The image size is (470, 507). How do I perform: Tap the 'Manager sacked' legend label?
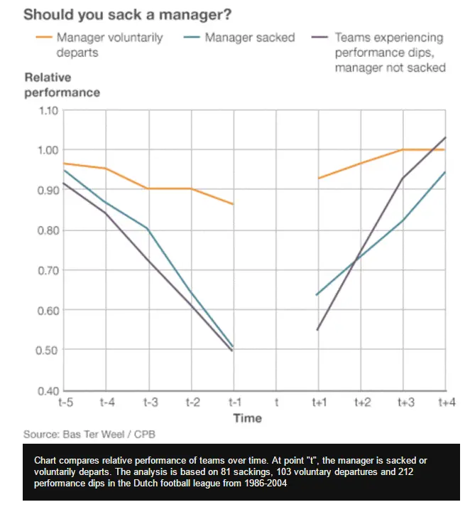[249, 37]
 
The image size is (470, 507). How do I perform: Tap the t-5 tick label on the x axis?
[65, 403]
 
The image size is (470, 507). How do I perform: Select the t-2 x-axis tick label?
[192, 403]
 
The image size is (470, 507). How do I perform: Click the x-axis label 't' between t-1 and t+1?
[275, 403]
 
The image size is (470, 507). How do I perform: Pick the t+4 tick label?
[446, 403]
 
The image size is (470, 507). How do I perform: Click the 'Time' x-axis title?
[248, 418]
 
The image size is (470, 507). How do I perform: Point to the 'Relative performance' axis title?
[62, 85]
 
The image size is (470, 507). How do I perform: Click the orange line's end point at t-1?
[233, 204]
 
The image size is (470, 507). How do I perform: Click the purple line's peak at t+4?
[445, 137]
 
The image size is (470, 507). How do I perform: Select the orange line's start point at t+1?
[318, 178]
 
